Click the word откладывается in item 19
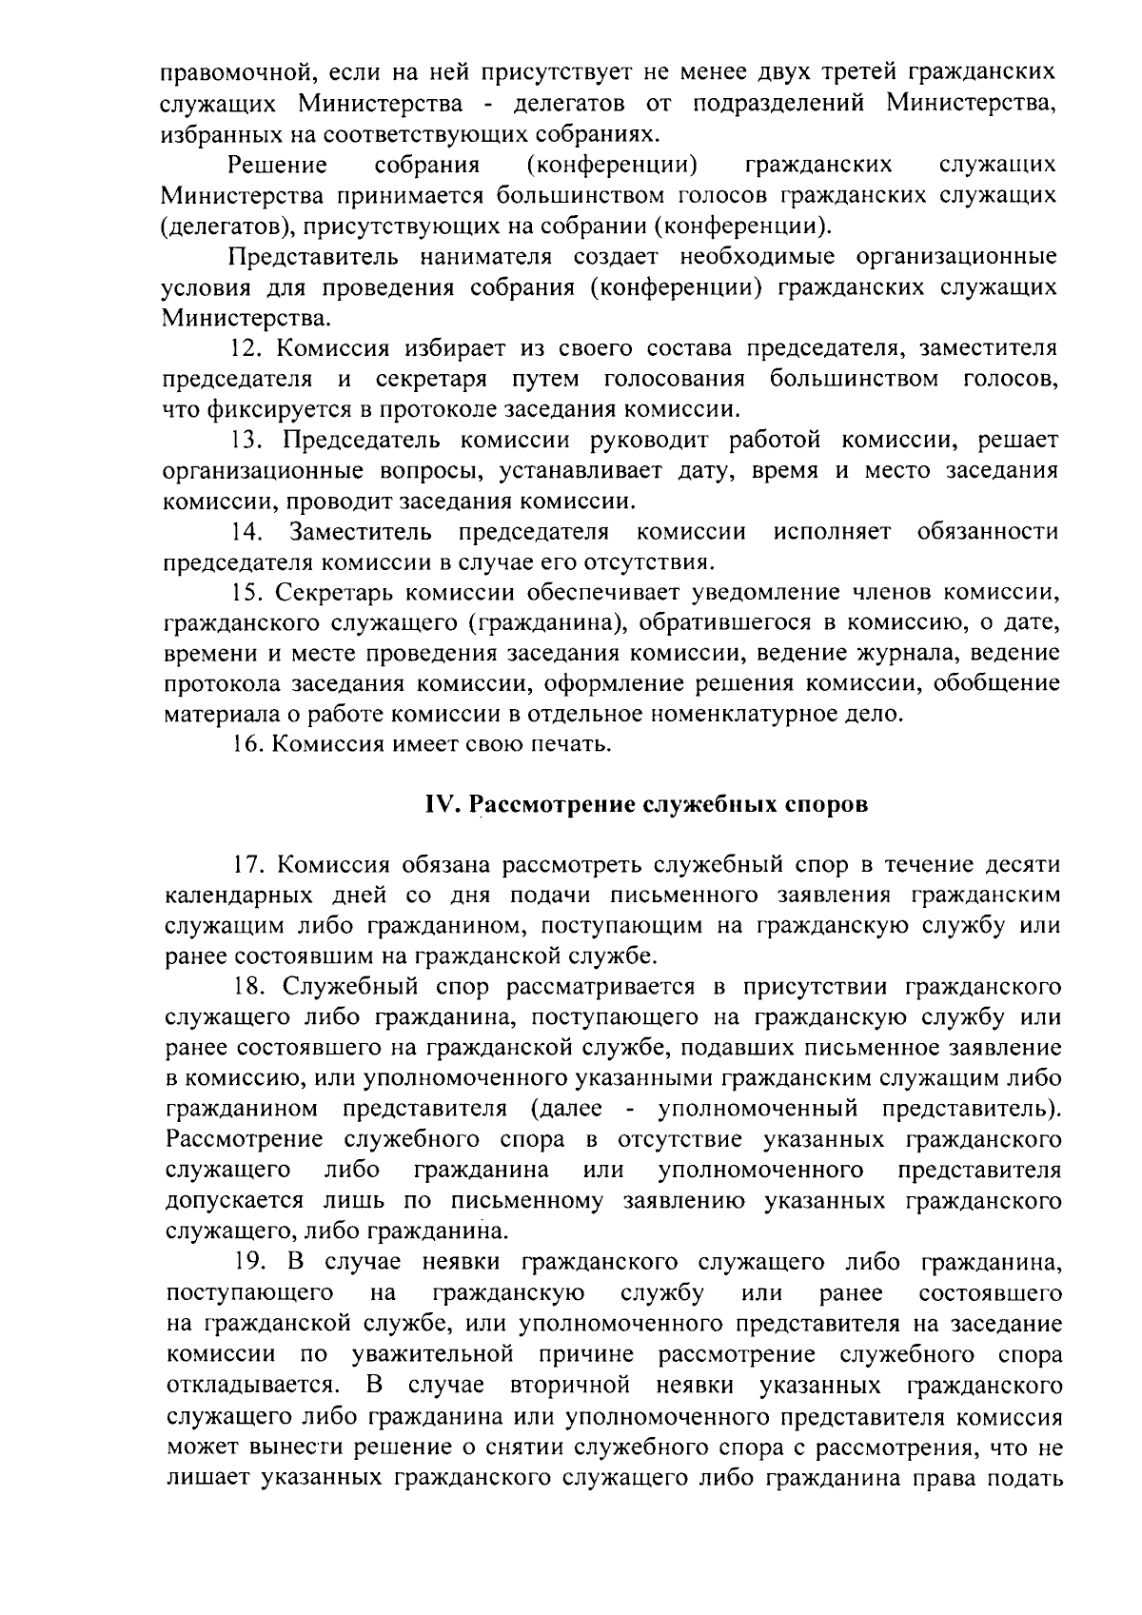247,1385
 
